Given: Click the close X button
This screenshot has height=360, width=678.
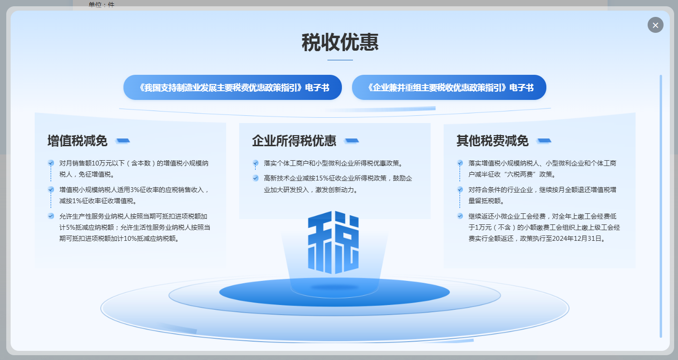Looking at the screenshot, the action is (x=655, y=25).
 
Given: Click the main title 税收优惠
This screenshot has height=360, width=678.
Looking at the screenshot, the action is (x=340, y=42).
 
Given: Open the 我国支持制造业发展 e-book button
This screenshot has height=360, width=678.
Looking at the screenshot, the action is (x=232, y=87).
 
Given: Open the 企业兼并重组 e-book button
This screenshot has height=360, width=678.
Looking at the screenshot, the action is (x=449, y=87).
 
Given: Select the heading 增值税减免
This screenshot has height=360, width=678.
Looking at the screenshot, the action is (x=78, y=141).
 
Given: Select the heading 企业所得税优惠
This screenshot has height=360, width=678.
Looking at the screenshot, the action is (x=294, y=141).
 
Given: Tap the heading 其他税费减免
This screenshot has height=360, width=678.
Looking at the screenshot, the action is (x=492, y=141).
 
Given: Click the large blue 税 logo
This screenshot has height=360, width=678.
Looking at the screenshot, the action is (x=333, y=242).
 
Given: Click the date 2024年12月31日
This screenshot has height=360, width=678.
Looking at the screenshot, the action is (x=577, y=238).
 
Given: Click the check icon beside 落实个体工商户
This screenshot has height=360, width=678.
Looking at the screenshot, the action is (x=256, y=163).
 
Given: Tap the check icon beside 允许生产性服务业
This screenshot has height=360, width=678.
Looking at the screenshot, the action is (x=51, y=216).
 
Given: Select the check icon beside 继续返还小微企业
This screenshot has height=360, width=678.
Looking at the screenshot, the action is (x=460, y=216).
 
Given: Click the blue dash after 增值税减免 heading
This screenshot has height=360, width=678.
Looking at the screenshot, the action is (x=122, y=141).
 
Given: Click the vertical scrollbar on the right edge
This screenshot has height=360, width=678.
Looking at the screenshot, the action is (x=661, y=206).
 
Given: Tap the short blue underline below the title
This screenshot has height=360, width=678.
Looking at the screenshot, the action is (x=340, y=60).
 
